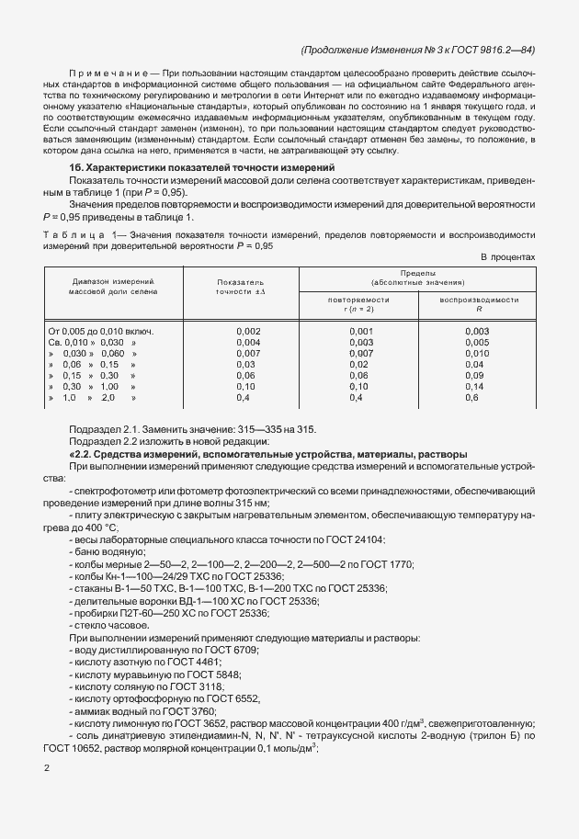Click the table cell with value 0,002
[x=248, y=331]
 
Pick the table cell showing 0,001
[x=360, y=331]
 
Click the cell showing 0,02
[x=359, y=364]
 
